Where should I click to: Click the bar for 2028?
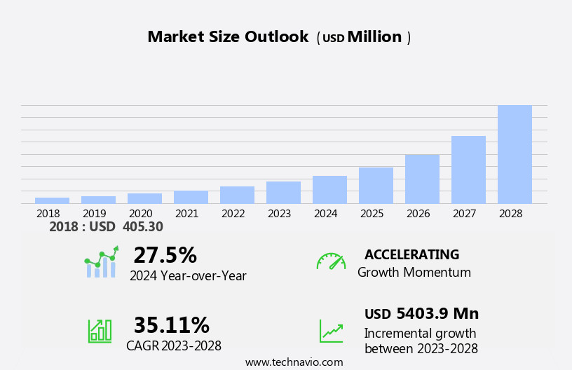pyautogui.click(x=515, y=154)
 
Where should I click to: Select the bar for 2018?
pyautogui.click(x=52, y=200)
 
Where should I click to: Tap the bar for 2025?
pyautogui.click(x=376, y=185)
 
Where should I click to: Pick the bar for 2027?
pyautogui.click(x=468, y=170)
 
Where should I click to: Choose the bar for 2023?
pyautogui.click(x=283, y=192)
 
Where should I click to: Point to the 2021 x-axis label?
pyautogui.click(x=186, y=213)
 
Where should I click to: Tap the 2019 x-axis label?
pyautogui.click(x=94, y=213)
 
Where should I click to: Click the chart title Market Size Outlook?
pyautogui.click(x=228, y=37)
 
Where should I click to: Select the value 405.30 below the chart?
pyautogui.click(x=142, y=227)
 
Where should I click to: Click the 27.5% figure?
pyautogui.click(x=165, y=255)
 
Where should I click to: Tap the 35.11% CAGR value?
pyautogui.click(x=171, y=325)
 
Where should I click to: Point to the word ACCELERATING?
pyautogui.click(x=411, y=254)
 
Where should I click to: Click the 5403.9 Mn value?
pyautogui.click(x=437, y=313)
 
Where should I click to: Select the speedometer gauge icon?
pyautogui.click(x=331, y=261)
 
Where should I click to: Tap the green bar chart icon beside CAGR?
pyautogui.click(x=100, y=330)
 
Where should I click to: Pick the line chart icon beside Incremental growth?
pyautogui.click(x=331, y=331)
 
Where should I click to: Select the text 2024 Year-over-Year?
pyautogui.click(x=188, y=276)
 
